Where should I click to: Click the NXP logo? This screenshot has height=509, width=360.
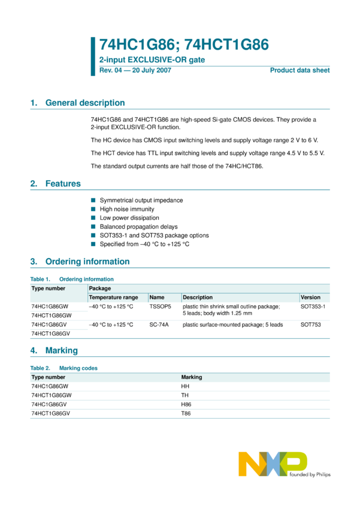click(273, 464)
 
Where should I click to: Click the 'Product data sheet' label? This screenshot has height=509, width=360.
click(300, 71)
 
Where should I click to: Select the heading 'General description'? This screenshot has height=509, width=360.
click(85, 103)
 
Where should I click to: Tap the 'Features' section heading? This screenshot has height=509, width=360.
click(63, 184)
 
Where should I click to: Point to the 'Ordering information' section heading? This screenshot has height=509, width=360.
click(87, 262)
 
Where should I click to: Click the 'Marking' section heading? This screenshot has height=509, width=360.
click(62, 350)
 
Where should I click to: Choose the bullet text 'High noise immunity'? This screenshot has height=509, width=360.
click(126, 209)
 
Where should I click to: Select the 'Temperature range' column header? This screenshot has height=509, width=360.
click(113, 297)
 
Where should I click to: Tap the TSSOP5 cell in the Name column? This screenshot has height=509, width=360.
click(161, 306)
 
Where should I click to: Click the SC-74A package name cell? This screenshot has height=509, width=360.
click(159, 325)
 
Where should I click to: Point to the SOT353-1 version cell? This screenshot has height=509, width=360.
click(313, 306)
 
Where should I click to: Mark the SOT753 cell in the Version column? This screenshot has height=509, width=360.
click(310, 325)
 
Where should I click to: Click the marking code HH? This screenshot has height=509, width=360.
click(185, 386)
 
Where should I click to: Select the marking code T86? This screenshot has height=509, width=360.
click(186, 414)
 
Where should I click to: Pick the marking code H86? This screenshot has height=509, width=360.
click(186, 405)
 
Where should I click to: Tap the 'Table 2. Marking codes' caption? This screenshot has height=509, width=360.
click(64, 368)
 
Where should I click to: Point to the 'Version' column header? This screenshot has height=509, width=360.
click(310, 297)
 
